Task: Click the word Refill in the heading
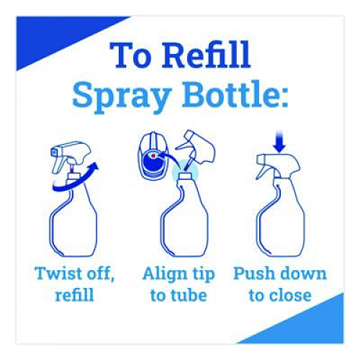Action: [x=206, y=55]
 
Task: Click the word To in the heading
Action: [x=130, y=55]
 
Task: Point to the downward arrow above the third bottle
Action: [x=280, y=142]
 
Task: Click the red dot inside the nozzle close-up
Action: [x=153, y=156]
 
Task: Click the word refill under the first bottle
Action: [x=74, y=294]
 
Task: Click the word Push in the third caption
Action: [x=253, y=274]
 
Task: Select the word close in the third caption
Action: [x=290, y=295]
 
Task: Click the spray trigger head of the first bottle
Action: [x=71, y=156]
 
